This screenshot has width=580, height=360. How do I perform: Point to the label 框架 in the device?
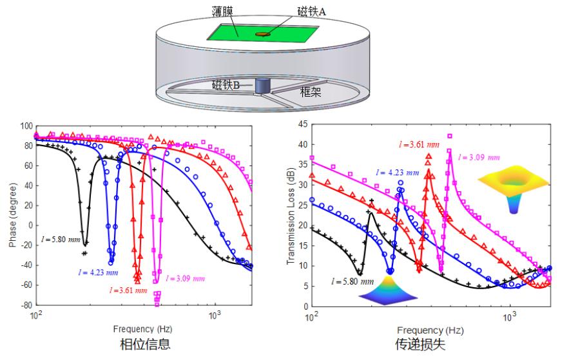[x=313, y=92]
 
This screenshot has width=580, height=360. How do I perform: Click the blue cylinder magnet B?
[x=262, y=86]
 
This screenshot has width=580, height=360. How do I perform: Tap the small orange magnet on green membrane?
[x=263, y=34]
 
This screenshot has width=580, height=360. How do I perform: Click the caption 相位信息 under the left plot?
[x=146, y=344]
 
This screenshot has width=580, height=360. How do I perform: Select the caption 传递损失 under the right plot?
[x=420, y=345]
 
